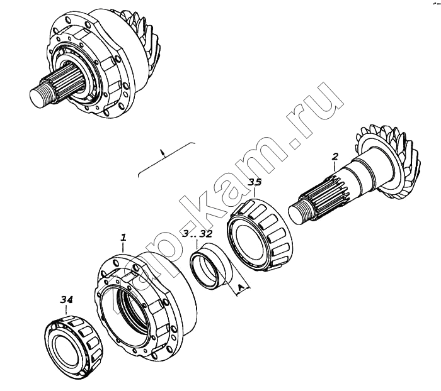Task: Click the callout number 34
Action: pos(66,300)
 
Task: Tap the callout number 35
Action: pos(255,182)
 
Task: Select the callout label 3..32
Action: pos(197,234)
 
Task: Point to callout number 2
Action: pos(335,157)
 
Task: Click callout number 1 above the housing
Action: pos(123,238)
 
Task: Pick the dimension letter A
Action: pos(240,288)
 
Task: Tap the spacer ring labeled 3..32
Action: pos(210,266)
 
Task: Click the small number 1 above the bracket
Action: pos(162,153)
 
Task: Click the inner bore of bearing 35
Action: pos(249,240)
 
